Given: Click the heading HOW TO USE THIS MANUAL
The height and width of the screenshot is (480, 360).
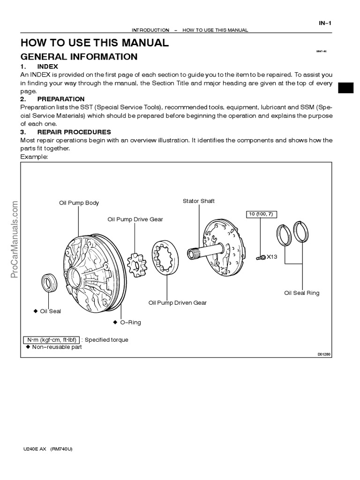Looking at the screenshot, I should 94,43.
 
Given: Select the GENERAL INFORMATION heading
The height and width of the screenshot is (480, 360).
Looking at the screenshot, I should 79,57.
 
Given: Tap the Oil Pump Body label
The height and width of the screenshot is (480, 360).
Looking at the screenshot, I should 79,203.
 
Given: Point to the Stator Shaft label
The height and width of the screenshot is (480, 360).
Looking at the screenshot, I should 199,201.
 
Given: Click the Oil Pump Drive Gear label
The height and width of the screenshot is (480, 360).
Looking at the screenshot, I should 135,219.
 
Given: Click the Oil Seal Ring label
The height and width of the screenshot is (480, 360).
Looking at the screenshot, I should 301,292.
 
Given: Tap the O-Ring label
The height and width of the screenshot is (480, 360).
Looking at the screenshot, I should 130,322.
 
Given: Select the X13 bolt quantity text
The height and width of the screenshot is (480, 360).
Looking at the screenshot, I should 273,256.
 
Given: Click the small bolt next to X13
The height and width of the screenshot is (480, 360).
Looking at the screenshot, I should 261,256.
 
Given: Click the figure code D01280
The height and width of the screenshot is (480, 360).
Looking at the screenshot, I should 324,354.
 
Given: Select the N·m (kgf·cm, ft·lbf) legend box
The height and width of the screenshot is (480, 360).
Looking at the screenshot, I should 51,340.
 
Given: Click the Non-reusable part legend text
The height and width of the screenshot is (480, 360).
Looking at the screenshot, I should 56,347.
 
